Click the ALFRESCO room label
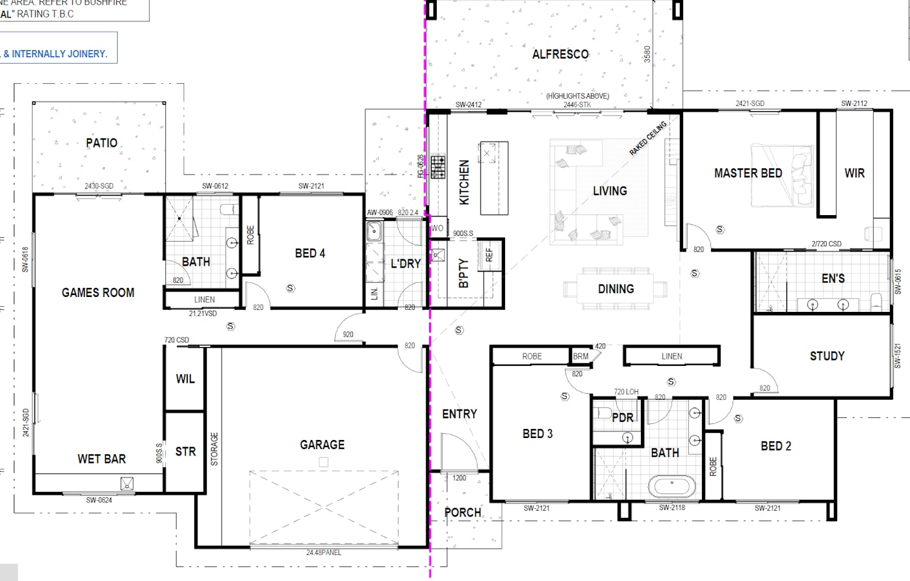[560, 55]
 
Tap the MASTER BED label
[748, 173]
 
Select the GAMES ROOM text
[98, 292]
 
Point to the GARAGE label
[322, 445]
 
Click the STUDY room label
[827, 355]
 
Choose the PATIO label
[102, 143]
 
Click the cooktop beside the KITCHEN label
[437, 167]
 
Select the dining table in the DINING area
[615, 289]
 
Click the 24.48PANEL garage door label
[324, 552]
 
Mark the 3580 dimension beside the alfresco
[647, 54]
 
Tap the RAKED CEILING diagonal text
[647, 138]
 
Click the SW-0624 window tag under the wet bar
[99, 500]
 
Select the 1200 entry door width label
[459, 478]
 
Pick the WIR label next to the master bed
[854, 173]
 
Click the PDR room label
[623, 418]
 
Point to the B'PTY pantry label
[463, 274]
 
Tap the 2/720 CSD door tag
[826, 244]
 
